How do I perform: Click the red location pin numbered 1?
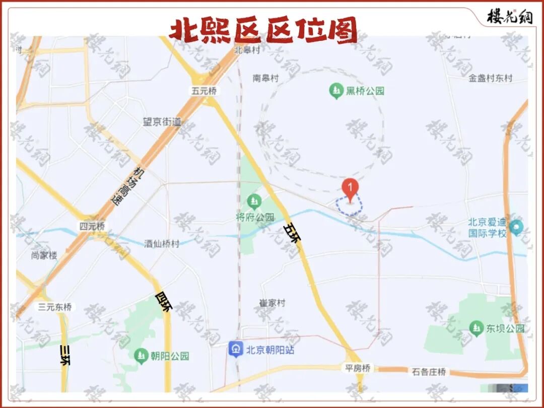coord(350,188)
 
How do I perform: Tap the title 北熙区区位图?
coord(263,30)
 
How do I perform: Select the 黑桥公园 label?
coord(365,91)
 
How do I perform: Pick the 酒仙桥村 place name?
coord(162,244)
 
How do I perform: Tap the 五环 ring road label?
coord(292,233)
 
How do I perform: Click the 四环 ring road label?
coord(164,301)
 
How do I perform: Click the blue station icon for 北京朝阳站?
coord(235,349)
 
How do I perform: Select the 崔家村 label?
coord(273,303)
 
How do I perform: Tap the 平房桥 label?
coord(358,368)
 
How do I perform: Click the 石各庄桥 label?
coord(429,372)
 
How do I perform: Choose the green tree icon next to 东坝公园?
coord(476,328)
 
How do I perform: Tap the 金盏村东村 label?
coord(490,78)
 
